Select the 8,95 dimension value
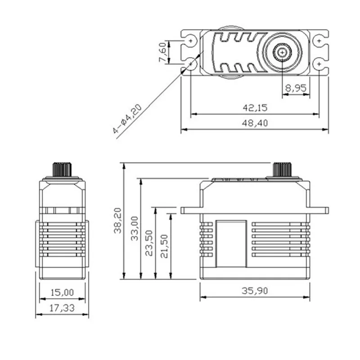click(296, 89)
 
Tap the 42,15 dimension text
click(255, 108)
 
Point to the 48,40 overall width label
click(255, 123)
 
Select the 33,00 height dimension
click(135, 228)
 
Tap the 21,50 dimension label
click(165, 246)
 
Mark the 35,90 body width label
click(255, 291)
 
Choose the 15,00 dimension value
click(62, 292)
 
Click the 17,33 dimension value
click(62, 309)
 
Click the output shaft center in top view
click(282, 53)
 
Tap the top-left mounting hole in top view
click(191, 41)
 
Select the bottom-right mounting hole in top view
click(319, 65)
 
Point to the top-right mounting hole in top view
click(319, 41)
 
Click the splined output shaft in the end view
click(62, 170)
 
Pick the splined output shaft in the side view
click(283, 170)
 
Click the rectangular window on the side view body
click(231, 243)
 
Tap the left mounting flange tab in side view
click(190, 210)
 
